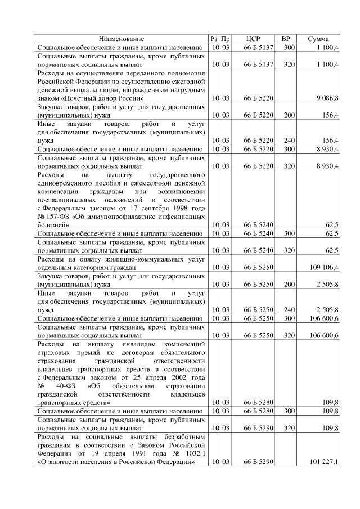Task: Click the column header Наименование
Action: pyautogui.click(x=121, y=39)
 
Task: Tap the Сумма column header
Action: pyautogui.click(x=318, y=39)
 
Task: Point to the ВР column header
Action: pyautogui.click(x=285, y=39)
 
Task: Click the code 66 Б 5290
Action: pyautogui.click(x=258, y=462)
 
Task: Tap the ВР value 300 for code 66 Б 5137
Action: pyautogui.click(x=289, y=48)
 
